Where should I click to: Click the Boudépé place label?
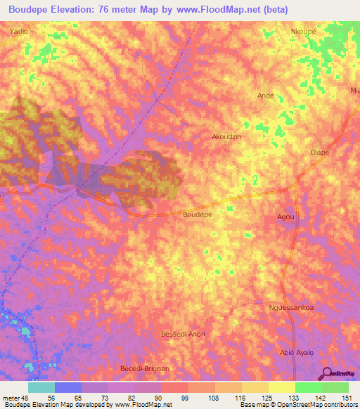(x=198, y=213)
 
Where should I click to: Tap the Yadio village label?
(x=20, y=32)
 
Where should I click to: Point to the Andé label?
(x=265, y=95)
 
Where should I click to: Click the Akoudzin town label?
(x=226, y=138)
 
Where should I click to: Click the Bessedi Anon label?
(x=183, y=334)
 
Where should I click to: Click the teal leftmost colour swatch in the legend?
(x=41, y=387)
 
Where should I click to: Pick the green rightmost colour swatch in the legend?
(x=335, y=387)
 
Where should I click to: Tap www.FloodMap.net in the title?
(x=214, y=8)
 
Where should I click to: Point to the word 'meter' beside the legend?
(x=11, y=398)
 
